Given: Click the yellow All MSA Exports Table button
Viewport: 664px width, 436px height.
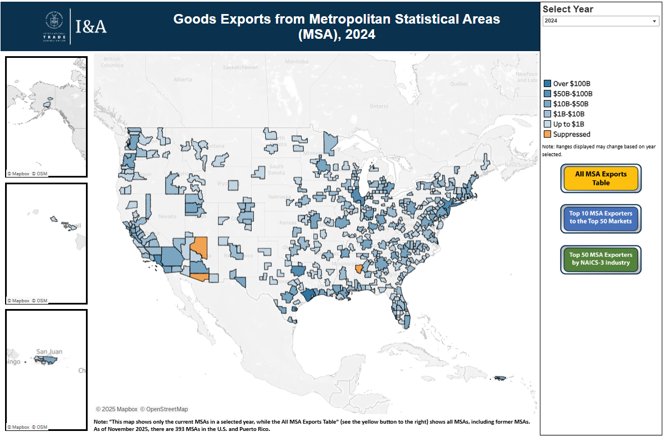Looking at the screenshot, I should pos(601,179).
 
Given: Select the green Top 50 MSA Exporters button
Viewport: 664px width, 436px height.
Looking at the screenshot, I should pos(601,259).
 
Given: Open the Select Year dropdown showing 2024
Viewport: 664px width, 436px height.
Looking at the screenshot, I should pos(600,21).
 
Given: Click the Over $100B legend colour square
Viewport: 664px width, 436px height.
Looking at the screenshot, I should pos(548,84).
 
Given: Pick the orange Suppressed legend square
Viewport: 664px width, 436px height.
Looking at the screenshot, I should pos(548,134).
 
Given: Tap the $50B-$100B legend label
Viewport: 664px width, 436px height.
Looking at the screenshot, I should pos(572,94).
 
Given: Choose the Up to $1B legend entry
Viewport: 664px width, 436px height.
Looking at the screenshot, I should pos(569,124).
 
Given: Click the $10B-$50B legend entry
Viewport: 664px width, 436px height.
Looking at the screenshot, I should pos(571,104).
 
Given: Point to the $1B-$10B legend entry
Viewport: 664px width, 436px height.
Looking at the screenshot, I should pos(569,114).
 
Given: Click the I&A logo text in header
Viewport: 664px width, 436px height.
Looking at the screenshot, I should pos(91,26).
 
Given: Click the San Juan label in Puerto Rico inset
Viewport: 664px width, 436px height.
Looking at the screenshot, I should pos(48,352).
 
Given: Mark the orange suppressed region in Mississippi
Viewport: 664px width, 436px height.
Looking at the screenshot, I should pos(359,269).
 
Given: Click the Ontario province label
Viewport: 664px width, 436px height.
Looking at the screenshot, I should pos(379,106).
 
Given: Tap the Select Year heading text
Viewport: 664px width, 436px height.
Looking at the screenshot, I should pos(568,9).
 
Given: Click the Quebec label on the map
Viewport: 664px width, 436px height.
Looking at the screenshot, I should pos(458,83).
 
